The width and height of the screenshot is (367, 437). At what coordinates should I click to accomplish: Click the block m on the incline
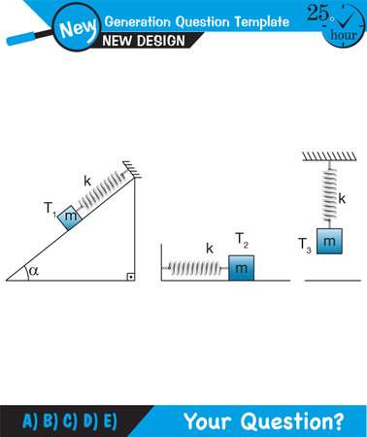coord(68,218)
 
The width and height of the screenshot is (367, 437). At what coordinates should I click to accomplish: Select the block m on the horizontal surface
coord(241,267)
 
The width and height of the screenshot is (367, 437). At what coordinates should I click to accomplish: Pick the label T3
coord(306,249)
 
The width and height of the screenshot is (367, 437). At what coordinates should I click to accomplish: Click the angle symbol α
coord(32,271)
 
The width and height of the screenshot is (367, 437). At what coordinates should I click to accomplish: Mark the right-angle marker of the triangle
coord(129,275)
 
